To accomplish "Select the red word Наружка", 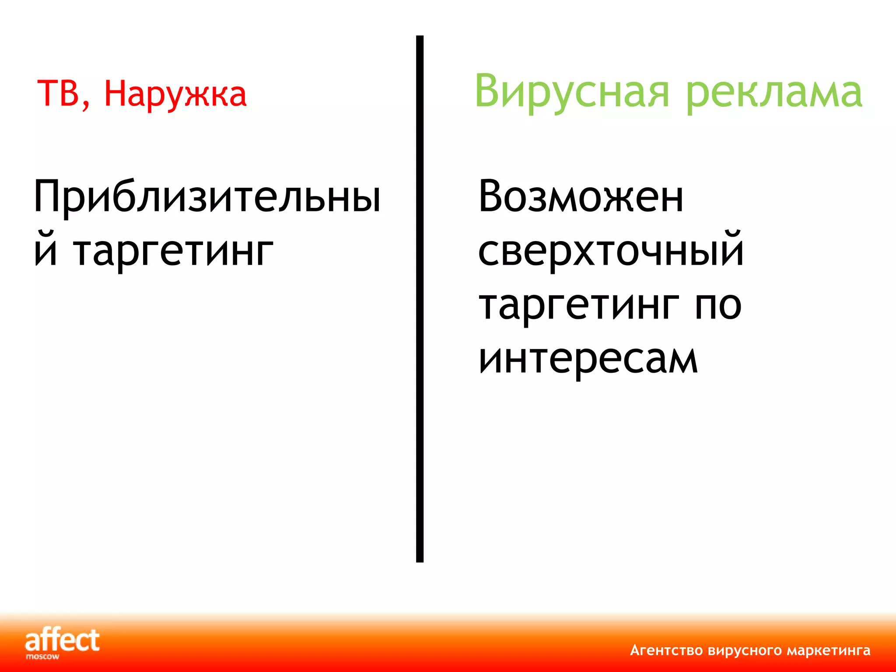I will (175, 94).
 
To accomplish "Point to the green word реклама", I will (773, 93).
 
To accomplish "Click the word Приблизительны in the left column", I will (207, 197).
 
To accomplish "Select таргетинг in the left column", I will (173, 253).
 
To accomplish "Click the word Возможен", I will (581, 197).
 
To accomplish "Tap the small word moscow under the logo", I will (42, 657).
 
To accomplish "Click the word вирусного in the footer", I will (745, 651).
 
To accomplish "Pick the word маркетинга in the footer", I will (828, 651).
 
